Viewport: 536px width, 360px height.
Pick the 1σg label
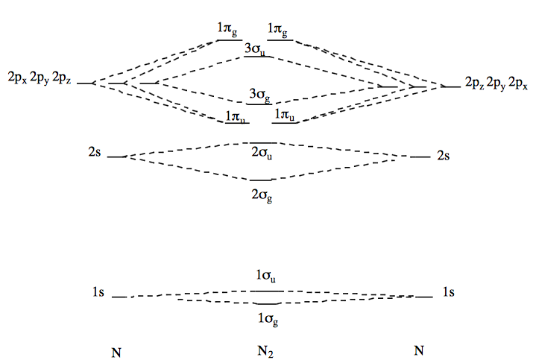coord(268,318)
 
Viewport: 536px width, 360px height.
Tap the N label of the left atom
coord(116,351)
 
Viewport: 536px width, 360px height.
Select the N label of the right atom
coord(420,350)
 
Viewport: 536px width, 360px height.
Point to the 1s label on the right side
coord(448,293)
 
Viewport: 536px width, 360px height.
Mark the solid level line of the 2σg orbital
coord(261,180)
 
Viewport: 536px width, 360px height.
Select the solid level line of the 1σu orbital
coord(265,290)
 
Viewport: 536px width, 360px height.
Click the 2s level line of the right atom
coord(420,157)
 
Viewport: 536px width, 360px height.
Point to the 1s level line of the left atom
coord(120,297)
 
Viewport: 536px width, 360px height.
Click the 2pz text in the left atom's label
coord(63,78)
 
